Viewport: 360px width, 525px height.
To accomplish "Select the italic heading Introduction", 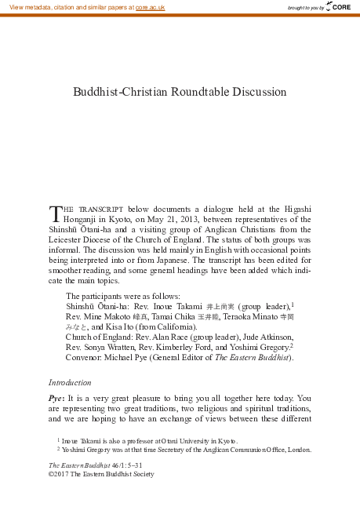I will pos(70,382).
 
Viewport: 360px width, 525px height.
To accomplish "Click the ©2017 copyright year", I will pos(60,475).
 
